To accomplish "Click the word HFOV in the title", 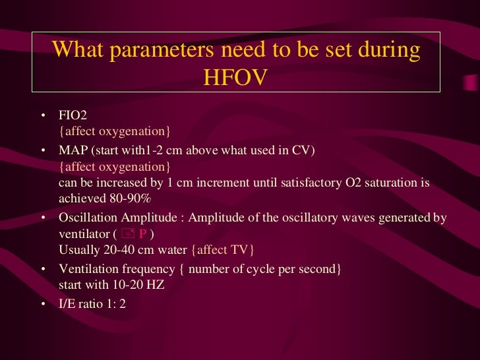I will [235, 77].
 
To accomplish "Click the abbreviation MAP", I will [73, 150].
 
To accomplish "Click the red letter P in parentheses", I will [142, 234].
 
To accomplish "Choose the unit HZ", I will [155, 285].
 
